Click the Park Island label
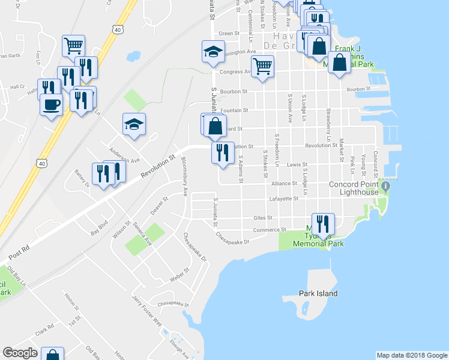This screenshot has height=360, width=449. pos(318,293)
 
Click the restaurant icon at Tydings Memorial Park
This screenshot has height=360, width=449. pos(323,224)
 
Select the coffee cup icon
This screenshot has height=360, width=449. pos(50,105)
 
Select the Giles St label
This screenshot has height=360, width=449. pos(263,218)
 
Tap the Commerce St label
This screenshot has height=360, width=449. pos(274,230)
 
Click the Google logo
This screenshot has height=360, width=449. pos(20,353)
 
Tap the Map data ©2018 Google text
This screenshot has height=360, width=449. pos(412,355)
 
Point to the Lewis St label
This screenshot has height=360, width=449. pos(297,164)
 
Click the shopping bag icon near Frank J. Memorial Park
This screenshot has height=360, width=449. pos(340,63)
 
